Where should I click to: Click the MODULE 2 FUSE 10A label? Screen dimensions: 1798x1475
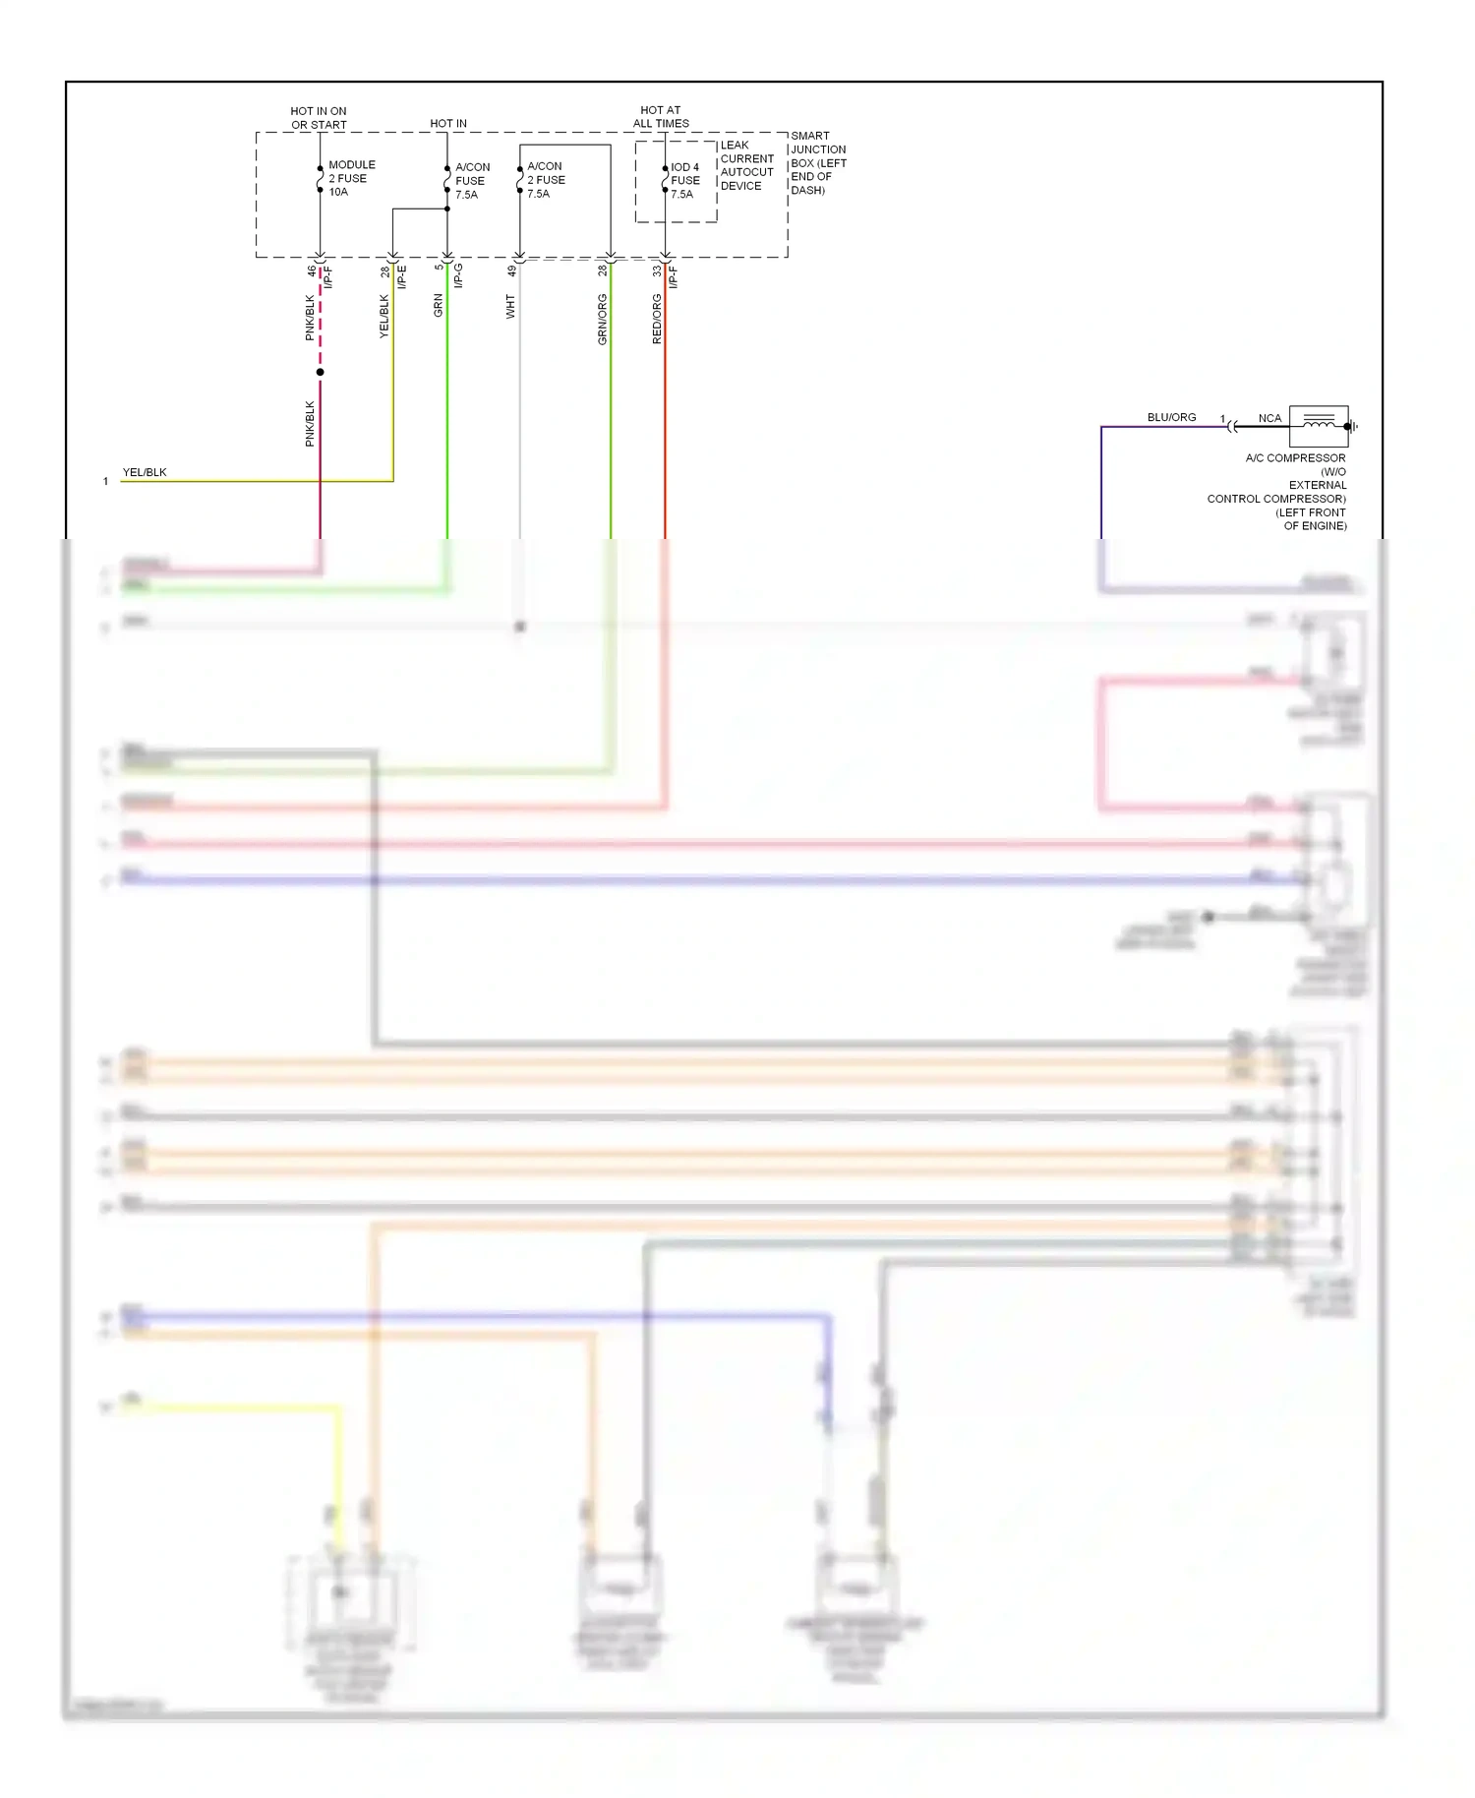pyautogui.click(x=351, y=178)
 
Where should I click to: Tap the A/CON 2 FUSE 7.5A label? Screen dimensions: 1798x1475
pyautogui.click(x=545, y=180)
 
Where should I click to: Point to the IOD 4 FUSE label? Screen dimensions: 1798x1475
pyautogui.click(x=684, y=181)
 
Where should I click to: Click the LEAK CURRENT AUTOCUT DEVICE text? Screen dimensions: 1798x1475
pyautogui.click(x=746, y=165)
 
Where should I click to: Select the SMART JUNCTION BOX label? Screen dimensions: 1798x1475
pyautogui.click(x=817, y=162)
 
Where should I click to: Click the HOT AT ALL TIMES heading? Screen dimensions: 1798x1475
pyautogui.click(x=661, y=117)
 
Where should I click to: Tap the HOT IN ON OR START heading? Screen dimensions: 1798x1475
pyautogui.click(x=319, y=118)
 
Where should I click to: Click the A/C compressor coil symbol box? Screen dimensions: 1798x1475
pyautogui.click(x=1318, y=426)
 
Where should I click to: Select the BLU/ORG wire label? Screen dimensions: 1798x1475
pyautogui.click(x=1171, y=417)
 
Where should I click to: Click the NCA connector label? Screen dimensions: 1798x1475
pyautogui.click(x=1269, y=418)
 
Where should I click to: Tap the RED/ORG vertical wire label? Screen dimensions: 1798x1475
pyautogui.click(x=657, y=319)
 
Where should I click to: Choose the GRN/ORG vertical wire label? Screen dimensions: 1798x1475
pyautogui.click(x=602, y=319)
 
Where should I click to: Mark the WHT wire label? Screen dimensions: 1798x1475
pyautogui.click(x=510, y=306)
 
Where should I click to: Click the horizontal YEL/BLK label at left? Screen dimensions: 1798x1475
pyautogui.click(x=145, y=472)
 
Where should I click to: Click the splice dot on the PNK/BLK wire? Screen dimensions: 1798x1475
pyautogui.click(x=320, y=372)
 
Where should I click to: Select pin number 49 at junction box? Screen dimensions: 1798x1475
pyautogui.click(x=511, y=270)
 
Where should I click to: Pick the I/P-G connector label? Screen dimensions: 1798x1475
pyautogui.click(x=458, y=275)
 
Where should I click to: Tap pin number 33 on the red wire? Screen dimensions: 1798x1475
pyautogui.click(x=657, y=270)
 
